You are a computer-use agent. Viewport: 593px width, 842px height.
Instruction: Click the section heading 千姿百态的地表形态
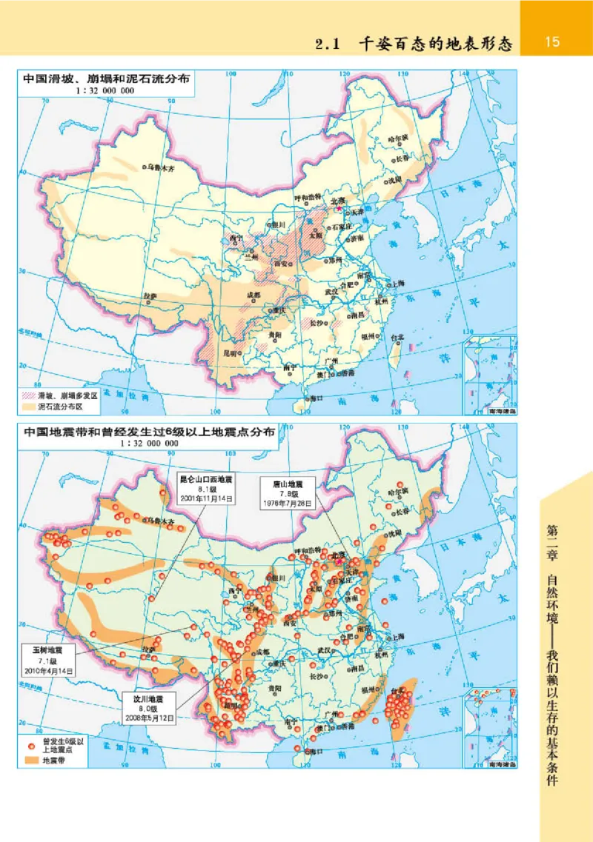point(435,44)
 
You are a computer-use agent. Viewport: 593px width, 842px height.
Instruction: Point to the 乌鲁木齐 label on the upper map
point(161,168)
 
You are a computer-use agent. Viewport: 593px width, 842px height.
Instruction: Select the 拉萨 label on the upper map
point(150,295)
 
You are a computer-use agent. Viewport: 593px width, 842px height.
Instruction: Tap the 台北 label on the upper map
point(400,337)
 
